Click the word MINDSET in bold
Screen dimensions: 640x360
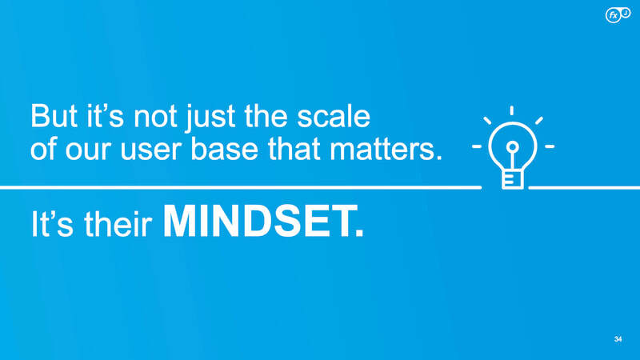263,221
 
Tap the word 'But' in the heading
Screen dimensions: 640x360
54,116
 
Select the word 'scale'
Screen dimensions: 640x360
334,116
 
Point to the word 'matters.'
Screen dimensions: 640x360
386,150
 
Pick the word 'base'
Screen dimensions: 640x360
225,149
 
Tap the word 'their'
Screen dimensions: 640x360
118,224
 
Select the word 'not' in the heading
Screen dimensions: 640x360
155,118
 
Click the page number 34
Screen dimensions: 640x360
618,339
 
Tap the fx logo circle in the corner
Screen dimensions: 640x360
613,15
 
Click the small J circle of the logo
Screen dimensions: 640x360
626,13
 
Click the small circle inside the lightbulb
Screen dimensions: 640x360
513,146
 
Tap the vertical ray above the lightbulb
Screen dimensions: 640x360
511,110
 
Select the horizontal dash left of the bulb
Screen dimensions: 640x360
477,146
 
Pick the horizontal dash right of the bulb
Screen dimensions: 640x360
550,146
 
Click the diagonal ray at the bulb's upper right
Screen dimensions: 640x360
538,121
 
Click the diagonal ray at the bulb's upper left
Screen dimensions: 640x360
487,121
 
